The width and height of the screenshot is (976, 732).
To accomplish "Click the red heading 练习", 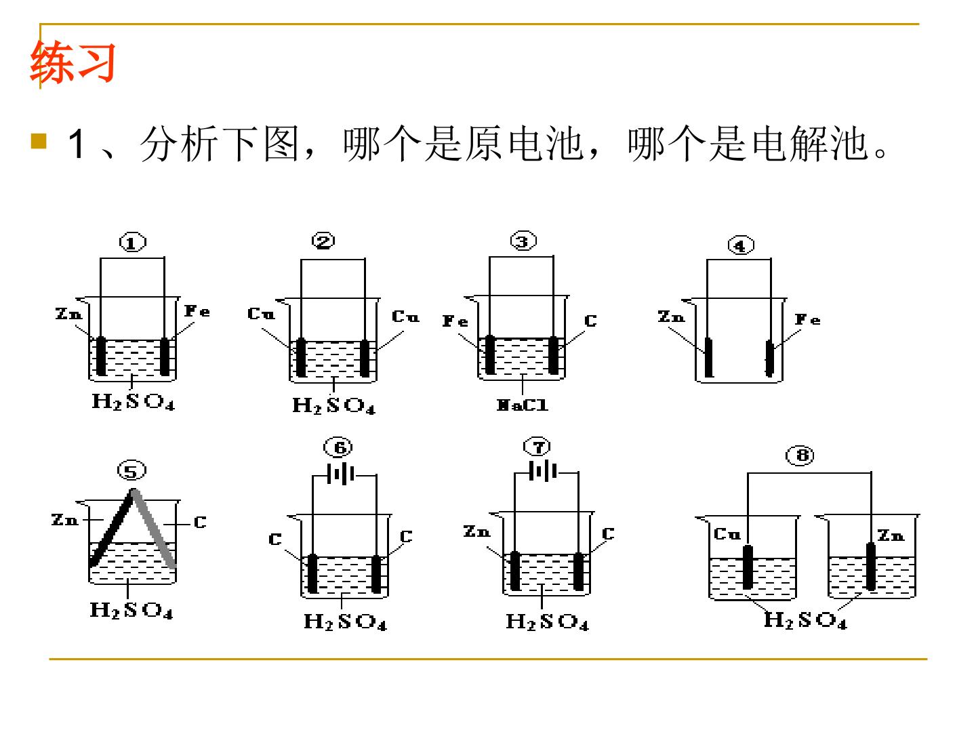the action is tap(73, 62).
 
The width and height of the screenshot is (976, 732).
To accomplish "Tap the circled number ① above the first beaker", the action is tap(132, 242).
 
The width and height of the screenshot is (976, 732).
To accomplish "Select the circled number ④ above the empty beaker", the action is tap(741, 245).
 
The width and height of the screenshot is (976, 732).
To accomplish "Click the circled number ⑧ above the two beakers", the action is tap(800, 455).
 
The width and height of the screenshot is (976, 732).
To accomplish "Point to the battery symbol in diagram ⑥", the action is tap(341, 474).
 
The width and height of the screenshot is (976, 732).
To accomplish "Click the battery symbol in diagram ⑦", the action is tap(543, 471).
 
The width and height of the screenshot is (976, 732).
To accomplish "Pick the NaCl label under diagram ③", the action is tap(522, 405).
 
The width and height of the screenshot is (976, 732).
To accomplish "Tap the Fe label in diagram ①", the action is tap(197, 310).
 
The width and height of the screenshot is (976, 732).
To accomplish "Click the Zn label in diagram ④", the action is tap(672, 317).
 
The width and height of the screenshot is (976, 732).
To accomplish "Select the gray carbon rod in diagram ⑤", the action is tap(154, 529).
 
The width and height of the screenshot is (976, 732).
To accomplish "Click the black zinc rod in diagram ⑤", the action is tap(111, 529).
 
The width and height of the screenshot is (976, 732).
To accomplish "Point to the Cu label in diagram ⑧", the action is tap(727, 534).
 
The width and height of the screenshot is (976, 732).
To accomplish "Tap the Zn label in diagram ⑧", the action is tap(891, 535).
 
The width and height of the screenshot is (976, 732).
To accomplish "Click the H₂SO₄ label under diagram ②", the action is tap(333, 405).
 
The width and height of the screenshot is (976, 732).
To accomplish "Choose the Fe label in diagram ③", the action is tap(455, 321).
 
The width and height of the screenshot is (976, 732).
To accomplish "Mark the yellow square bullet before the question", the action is tap(39, 141).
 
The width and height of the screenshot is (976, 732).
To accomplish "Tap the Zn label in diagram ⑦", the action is tap(476, 531).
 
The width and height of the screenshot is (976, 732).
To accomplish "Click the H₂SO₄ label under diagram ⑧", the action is tap(805, 619).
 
